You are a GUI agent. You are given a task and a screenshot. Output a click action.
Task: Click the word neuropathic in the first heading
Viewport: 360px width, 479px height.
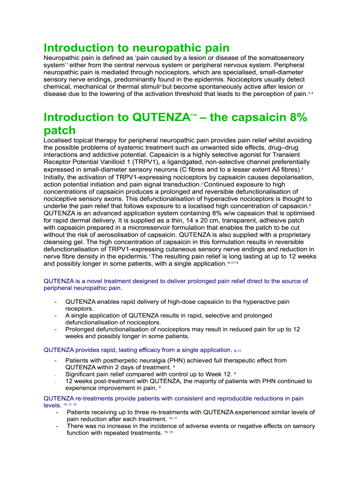162,48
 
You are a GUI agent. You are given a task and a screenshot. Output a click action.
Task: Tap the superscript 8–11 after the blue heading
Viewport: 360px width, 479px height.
238,350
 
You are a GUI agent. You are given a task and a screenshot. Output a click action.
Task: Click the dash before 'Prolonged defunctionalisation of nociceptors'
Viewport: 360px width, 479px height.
56,329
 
